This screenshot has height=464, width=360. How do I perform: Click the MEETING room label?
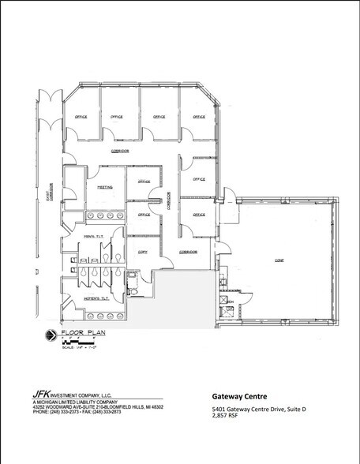click(x=104, y=188)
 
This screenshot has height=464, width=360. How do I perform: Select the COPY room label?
click(x=143, y=251)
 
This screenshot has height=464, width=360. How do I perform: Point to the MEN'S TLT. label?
click(x=93, y=237)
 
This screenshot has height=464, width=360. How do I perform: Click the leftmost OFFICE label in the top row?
click(x=81, y=117)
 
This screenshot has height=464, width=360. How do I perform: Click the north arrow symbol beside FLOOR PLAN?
click(x=51, y=337)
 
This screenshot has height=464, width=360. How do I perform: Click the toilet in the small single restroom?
click(x=135, y=292)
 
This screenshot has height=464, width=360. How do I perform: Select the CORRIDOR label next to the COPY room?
click(x=187, y=251)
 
